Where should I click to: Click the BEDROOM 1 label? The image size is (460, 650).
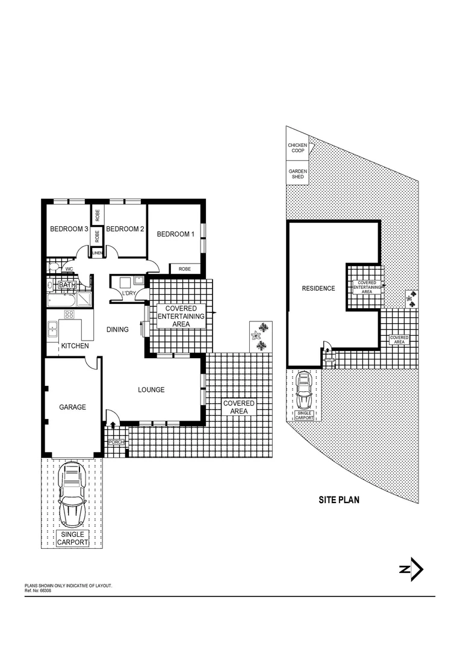(x=175, y=234)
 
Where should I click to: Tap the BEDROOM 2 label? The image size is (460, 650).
(x=125, y=229)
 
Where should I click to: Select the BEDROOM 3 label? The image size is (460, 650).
(x=69, y=229)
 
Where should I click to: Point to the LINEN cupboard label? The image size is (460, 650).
(x=97, y=254)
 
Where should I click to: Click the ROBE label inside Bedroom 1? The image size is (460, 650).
(x=185, y=269)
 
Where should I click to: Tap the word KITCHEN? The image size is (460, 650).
(x=75, y=346)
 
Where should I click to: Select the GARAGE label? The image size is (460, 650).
(x=72, y=407)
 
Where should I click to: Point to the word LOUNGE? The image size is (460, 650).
(x=151, y=390)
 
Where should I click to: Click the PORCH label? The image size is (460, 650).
(x=116, y=443)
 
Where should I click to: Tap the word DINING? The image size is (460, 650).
(x=118, y=330)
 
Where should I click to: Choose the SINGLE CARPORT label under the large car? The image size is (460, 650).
(x=72, y=538)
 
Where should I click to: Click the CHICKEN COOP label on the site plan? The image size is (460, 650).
(x=297, y=148)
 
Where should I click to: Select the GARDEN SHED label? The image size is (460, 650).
(x=297, y=175)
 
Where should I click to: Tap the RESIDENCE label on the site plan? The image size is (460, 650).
(x=318, y=288)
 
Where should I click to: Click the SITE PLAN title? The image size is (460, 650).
(x=338, y=500)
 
